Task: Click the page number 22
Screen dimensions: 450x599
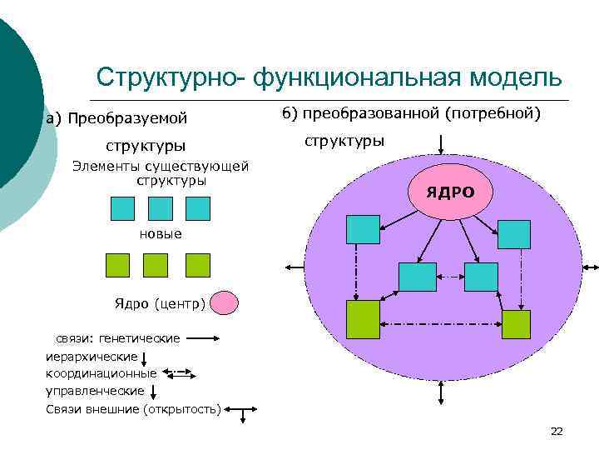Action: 557,431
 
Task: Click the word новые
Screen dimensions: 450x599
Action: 161,233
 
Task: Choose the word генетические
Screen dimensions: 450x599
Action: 139,339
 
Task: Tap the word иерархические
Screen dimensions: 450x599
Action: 92,357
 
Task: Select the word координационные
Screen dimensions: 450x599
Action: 101,373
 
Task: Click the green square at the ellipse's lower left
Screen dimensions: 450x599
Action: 362,319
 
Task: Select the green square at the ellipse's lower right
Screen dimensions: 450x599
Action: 516,322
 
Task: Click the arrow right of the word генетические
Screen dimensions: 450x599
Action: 202,339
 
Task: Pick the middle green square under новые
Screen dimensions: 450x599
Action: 156,265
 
